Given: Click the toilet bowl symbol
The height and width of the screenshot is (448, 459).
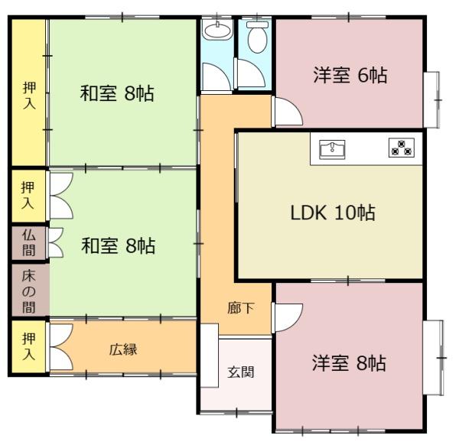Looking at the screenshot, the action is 257,37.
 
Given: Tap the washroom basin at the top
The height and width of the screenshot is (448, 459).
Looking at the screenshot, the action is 217,31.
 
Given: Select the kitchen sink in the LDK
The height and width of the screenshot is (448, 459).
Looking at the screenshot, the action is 332,149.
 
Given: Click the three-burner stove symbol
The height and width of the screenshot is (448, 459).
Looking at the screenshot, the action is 402,148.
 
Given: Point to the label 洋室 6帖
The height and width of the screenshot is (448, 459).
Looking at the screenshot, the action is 350,75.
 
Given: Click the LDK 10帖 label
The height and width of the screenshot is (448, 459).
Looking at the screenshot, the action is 333,213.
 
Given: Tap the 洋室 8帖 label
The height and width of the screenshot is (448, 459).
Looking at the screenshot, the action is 349,363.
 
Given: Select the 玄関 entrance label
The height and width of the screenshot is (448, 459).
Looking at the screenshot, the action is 241,372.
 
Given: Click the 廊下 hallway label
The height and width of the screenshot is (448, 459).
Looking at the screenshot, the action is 241,308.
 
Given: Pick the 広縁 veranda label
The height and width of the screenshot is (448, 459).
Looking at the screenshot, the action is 123,349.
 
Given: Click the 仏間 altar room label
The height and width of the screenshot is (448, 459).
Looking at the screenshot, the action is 28,242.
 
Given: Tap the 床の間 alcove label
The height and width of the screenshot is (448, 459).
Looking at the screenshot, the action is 29,291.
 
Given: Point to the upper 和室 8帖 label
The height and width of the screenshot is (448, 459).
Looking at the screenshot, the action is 117,93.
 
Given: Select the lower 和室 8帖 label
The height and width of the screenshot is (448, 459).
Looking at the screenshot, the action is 119,245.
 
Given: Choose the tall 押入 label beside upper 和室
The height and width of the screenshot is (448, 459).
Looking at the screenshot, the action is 29,96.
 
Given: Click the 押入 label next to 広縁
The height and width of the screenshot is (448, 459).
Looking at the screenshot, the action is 29,346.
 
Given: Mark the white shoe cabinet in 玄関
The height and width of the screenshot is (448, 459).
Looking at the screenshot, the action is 210,355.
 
